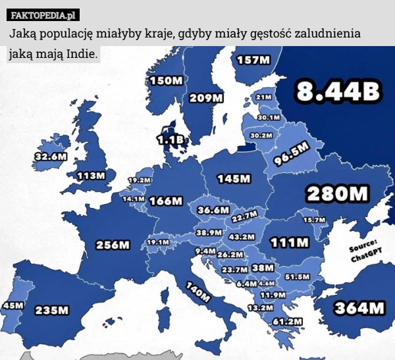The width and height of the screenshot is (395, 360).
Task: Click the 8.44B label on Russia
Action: coord(338,92)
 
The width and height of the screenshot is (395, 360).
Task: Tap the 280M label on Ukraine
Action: coord(338,194)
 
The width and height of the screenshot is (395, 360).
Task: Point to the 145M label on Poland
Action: coord(234,178)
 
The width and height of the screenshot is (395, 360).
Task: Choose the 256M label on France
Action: coord(113,245)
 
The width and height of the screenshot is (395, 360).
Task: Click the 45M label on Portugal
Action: coord(13,306)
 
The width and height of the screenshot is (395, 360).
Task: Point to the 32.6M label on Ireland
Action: coord(51,157)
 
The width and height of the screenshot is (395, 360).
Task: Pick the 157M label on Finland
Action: coord(253,59)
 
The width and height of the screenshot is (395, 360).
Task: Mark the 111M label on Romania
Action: coord(290,242)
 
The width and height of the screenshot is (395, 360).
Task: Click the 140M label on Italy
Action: coord(197,290)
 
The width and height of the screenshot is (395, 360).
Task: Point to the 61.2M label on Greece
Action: coord(287,321)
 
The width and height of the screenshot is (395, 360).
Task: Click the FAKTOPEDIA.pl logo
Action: coord(43,14)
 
